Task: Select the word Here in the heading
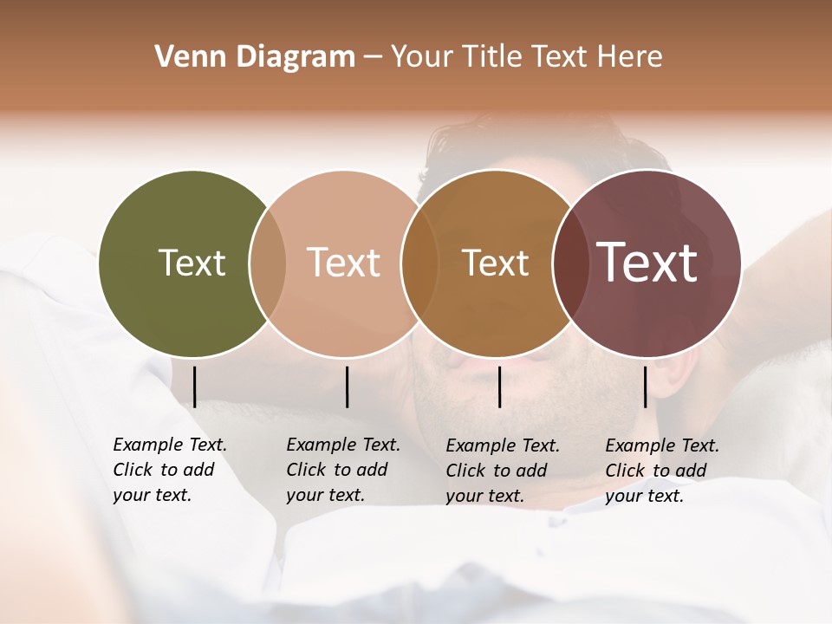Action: [x=632, y=57]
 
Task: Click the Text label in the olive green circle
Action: [x=192, y=263]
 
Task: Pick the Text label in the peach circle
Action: [x=343, y=263]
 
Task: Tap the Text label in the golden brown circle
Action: [x=495, y=263]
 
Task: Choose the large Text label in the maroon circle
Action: [x=647, y=263]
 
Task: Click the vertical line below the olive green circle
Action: [x=195, y=387]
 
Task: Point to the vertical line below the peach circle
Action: [x=347, y=387]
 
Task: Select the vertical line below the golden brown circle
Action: [x=500, y=387]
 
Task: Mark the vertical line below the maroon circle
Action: [x=646, y=387]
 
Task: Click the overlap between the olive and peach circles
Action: [x=268, y=263]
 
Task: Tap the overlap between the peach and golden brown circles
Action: [x=419, y=263]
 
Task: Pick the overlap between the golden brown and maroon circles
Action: [x=569, y=263]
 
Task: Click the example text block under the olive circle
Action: [x=170, y=470]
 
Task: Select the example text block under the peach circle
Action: [x=343, y=470]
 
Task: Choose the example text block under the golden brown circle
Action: [x=503, y=471]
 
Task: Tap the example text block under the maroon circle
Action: [x=662, y=471]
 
